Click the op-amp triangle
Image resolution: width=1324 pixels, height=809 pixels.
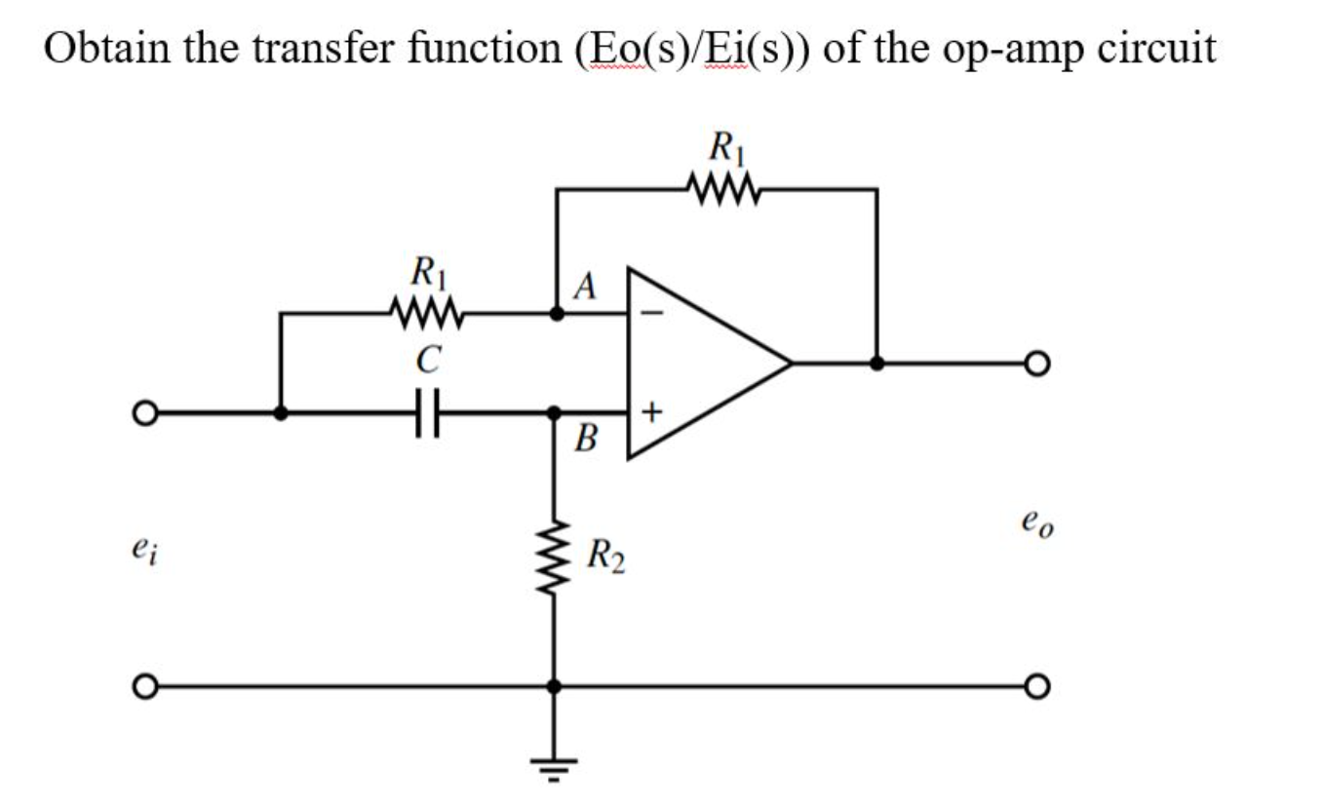tap(697, 363)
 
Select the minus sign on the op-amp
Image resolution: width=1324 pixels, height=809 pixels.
tap(653, 314)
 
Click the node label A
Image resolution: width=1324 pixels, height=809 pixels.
tap(584, 286)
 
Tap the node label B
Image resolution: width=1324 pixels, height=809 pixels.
tap(586, 440)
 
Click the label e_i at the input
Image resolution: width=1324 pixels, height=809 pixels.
tap(143, 552)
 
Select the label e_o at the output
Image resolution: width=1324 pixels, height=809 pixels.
tap(1037, 526)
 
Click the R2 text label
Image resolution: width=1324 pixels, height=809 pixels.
tap(606, 559)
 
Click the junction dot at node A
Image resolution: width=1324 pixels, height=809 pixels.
tap(556, 314)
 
